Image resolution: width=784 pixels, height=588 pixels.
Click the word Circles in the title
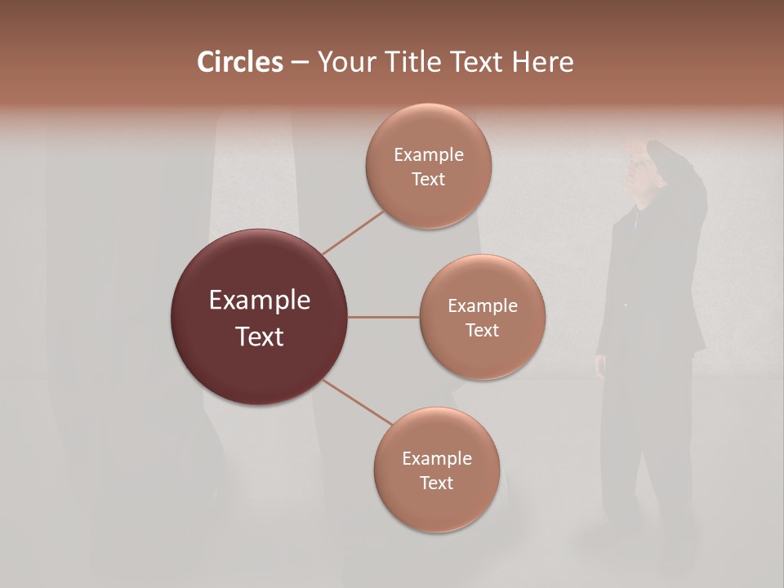[x=239, y=62]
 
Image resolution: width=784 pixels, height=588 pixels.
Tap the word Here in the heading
[x=542, y=62]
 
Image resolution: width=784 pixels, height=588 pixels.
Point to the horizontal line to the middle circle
[x=384, y=317]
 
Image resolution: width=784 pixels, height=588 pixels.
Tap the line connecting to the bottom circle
[x=357, y=403]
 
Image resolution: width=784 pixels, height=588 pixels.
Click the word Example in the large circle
[x=260, y=301]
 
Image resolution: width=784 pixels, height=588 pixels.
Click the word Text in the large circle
[x=260, y=336]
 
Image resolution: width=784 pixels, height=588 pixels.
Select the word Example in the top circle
[x=428, y=155]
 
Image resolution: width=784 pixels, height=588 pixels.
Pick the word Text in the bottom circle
[x=436, y=483]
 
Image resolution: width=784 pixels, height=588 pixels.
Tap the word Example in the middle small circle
[x=482, y=306]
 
